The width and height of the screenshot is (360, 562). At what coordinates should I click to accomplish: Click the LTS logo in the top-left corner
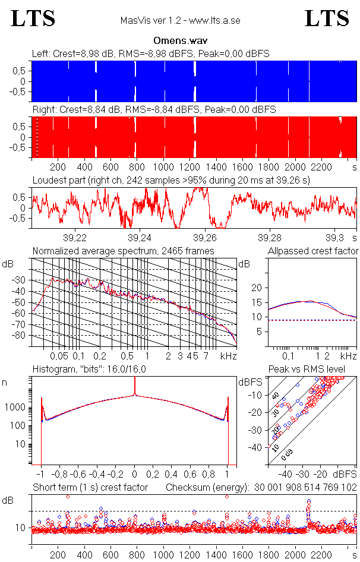click(33, 18)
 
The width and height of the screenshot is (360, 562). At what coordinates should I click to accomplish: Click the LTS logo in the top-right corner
click(327, 18)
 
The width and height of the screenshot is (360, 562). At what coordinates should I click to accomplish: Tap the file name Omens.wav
click(179, 41)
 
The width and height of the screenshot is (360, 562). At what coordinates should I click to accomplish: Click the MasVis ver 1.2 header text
click(179, 21)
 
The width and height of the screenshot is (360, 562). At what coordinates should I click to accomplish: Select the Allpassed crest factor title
click(312, 251)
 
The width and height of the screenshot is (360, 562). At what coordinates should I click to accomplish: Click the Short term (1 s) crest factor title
click(89, 487)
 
